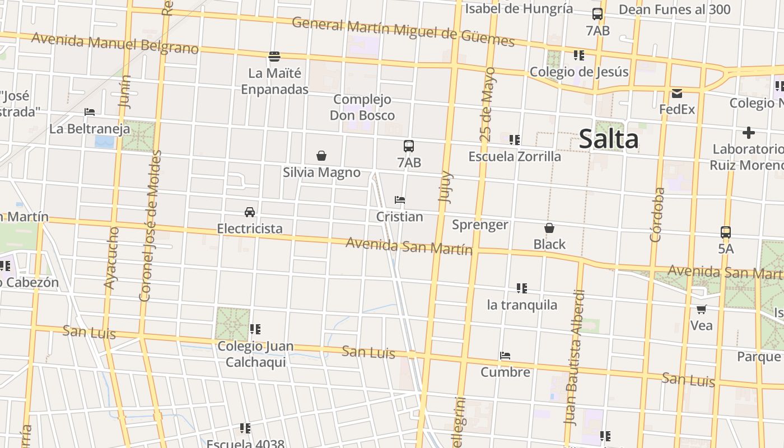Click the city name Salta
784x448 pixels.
click(x=608, y=139)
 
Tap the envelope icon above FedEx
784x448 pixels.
click(x=677, y=94)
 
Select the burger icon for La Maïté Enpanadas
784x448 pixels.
click(x=274, y=57)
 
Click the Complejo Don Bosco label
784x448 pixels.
click(x=362, y=108)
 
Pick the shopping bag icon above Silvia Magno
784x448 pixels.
click(x=321, y=156)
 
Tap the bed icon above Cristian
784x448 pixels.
click(x=400, y=200)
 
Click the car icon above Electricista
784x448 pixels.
click(x=250, y=212)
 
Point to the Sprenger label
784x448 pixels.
click(x=480, y=225)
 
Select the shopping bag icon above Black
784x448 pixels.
click(x=549, y=228)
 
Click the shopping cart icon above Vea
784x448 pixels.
click(x=701, y=309)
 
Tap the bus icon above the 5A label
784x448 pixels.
click(x=726, y=232)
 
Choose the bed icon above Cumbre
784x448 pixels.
click(x=505, y=356)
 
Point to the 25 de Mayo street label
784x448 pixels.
click(x=487, y=104)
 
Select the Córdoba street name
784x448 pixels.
click(x=657, y=214)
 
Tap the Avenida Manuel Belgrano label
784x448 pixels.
click(x=115, y=44)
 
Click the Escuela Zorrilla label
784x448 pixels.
click(x=515, y=157)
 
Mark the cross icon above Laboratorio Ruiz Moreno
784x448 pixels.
click(x=749, y=133)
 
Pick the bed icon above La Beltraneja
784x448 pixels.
click(x=90, y=112)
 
